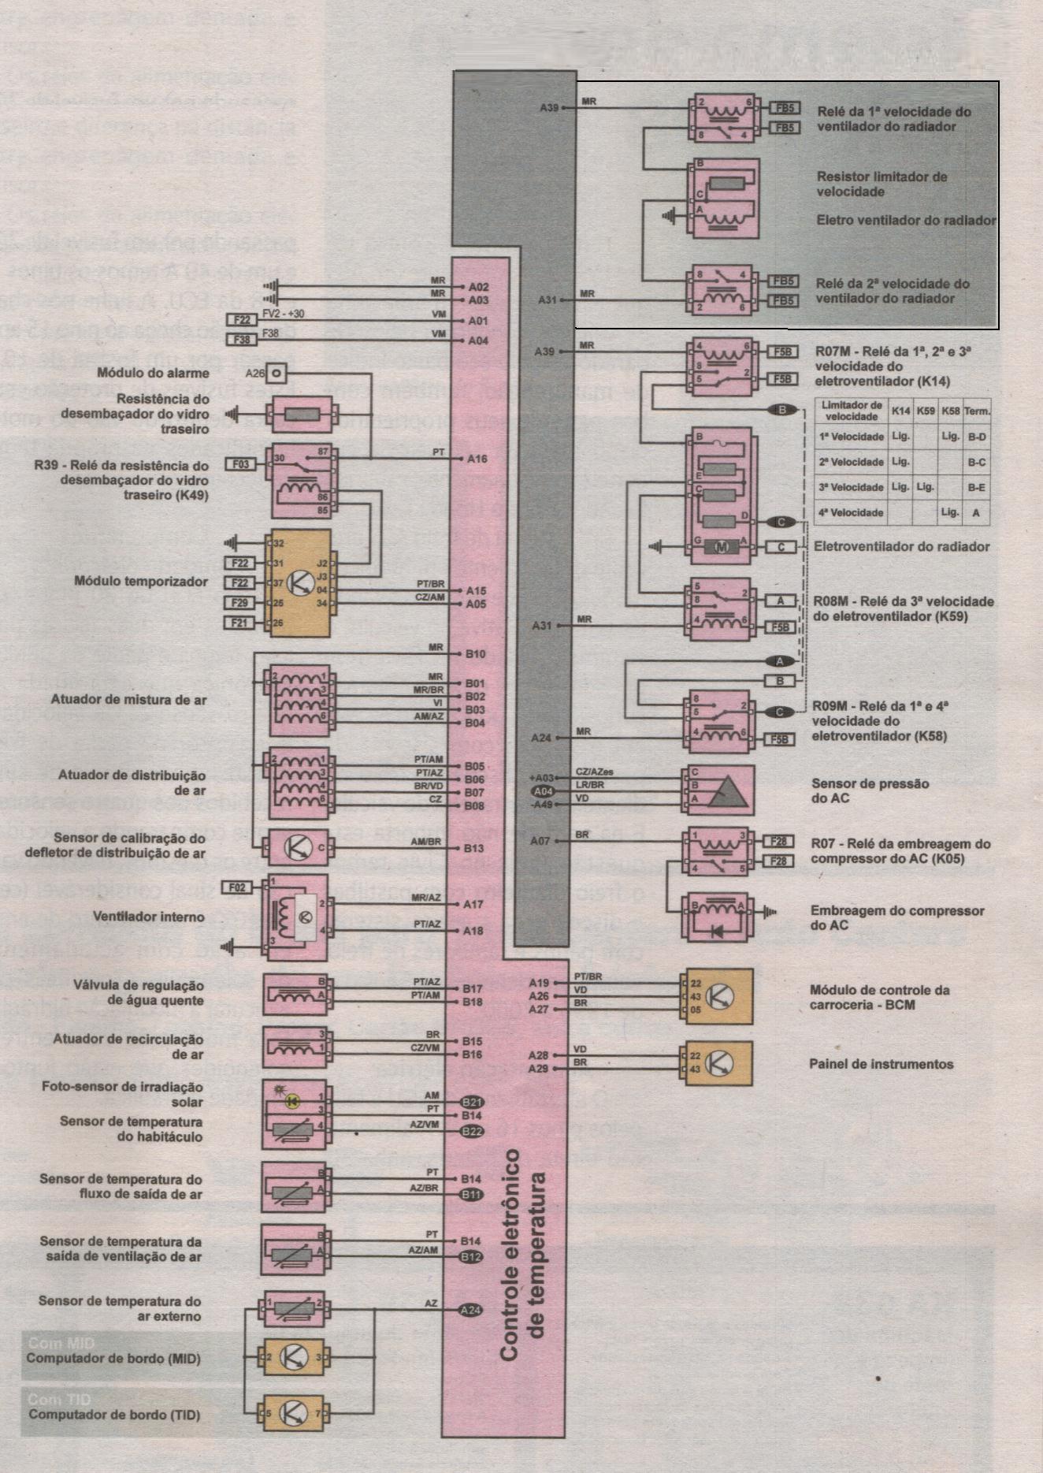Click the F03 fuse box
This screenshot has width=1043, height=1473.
(x=241, y=464)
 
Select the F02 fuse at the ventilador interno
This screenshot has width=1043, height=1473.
(x=237, y=887)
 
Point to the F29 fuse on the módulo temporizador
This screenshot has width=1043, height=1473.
(x=240, y=603)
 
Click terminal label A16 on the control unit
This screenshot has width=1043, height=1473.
(x=477, y=459)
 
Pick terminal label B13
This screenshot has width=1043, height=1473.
(x=474, y=849)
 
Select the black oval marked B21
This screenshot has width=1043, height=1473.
(x=471, y=1102)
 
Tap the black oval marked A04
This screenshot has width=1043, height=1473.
(x=544, y=791)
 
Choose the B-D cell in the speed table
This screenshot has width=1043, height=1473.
(x=977, y=436)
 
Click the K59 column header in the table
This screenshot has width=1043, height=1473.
(x=926, y=411)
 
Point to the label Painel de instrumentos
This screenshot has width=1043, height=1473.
(x=881, y=1064)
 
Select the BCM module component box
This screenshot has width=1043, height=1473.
(x=718, y=996)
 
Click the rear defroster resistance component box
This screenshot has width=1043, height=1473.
(x=300, y=415)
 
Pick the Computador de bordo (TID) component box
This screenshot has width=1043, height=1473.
(x=295, y=1413)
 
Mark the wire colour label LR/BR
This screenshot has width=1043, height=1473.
(x=590, y=785)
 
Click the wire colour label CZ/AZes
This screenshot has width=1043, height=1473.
(x=594, y=772)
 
